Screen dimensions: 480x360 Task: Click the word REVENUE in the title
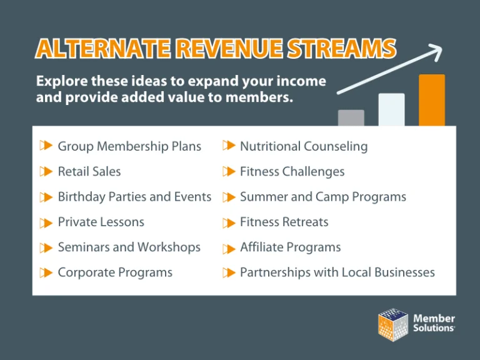[229, 48]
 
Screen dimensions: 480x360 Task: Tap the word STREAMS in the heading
[342, 48]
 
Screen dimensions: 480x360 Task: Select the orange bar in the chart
[432, 100]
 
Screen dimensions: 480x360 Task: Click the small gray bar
[351, 118]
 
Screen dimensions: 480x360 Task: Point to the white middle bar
[391, 109]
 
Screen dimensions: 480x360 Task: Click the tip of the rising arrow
[442, 47]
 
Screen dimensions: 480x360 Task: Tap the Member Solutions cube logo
[393, 325]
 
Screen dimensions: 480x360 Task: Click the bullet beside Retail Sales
[46, 171]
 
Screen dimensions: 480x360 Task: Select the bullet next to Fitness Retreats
[229, 222]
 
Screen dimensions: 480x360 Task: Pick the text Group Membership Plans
[129, 146]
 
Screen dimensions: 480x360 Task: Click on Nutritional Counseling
[304, 146]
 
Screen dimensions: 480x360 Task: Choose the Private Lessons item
[101, 222]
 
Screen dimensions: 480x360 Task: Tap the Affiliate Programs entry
[290, 247]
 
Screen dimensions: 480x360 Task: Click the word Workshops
[169, 247]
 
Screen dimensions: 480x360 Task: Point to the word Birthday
[82, 197]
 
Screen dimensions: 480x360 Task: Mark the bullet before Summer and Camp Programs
[229, 197]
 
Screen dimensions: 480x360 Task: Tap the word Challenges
[314, 172]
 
